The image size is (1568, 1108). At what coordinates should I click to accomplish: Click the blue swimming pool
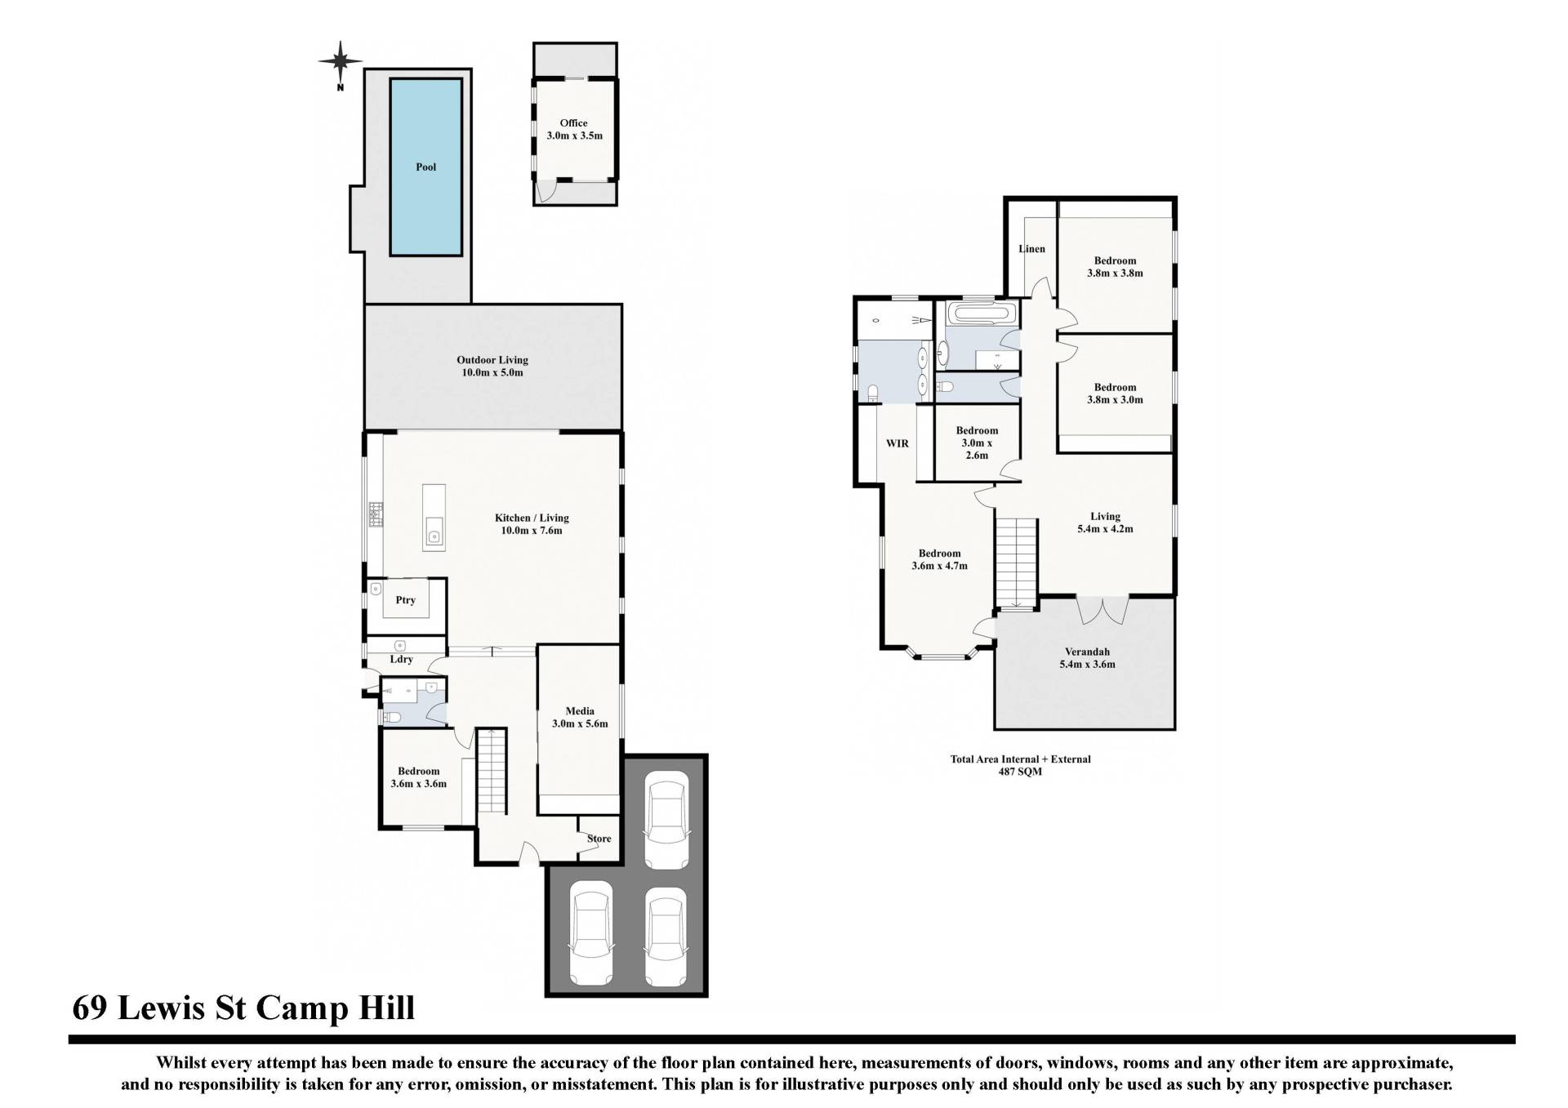tap(425, 167)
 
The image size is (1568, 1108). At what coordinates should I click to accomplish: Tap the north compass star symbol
tap(341, 60)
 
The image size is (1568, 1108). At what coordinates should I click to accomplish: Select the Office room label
tap(573, 123)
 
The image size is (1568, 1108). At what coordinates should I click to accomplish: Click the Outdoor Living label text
tap(492, 360)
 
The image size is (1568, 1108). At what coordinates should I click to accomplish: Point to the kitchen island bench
tap(434, 517)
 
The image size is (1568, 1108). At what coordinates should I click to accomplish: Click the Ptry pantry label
tap(406, 600)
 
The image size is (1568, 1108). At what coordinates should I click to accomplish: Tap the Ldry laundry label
tap(401, 659)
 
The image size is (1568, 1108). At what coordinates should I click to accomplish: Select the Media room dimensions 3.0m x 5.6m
tap(580, 723)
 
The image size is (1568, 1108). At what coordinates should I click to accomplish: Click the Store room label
tap(599, 839)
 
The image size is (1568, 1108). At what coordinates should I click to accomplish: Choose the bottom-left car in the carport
tap(591, 933)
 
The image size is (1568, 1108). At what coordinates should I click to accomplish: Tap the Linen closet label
tap(1032, 249)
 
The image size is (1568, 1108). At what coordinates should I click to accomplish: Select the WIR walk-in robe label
tap(898, 443)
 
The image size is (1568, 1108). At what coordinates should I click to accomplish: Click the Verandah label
tap(1088, 652)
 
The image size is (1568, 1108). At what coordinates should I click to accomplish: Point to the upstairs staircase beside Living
tap(1016, 563)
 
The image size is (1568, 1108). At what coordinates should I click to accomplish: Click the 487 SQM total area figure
tap(1020, 772)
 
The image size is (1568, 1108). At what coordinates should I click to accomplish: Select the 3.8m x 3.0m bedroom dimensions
tap(1115, 400)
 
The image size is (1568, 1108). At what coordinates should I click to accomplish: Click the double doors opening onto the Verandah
tap(1102, 610)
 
